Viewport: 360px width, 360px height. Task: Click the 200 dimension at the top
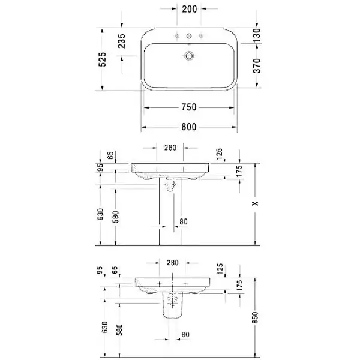[190, 9]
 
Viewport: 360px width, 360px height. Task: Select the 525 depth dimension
[103, 59]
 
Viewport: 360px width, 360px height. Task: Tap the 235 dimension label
[121, 41]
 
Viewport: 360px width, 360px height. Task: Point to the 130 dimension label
[257, 35]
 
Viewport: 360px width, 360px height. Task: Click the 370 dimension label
[257, 65]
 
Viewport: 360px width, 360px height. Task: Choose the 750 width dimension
[189, 107]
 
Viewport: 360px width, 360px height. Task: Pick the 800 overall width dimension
[189, 127]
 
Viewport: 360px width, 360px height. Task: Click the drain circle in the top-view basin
[189, 56]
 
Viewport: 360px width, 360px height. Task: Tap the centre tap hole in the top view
[189, 36]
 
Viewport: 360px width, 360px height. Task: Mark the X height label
[255, 203]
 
